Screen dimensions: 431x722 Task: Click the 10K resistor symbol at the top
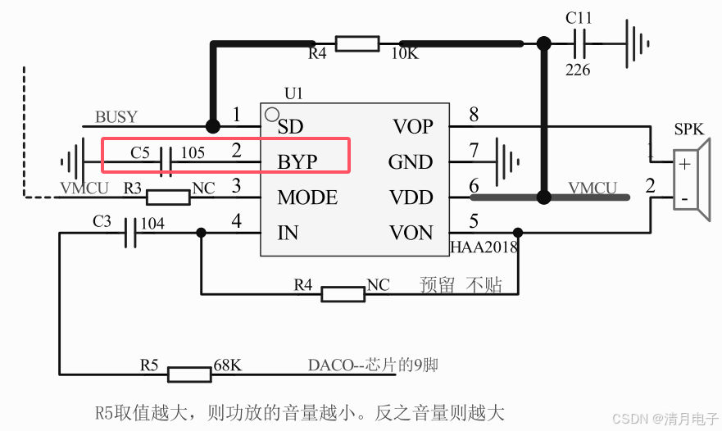coord(357,43)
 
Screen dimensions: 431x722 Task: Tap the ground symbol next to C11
coord(637,43)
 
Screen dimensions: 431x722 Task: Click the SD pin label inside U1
coord(290,127)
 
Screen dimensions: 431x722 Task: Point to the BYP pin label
coord(297,162)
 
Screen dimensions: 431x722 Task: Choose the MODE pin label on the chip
coord(307,197)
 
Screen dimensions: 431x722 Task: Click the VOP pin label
coord(412,127)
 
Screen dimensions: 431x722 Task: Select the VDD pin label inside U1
coord(412,197)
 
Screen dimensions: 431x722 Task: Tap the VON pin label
coord(412,233)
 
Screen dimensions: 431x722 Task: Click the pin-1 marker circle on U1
coord(271,114)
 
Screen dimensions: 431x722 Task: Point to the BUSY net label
coord(116,117)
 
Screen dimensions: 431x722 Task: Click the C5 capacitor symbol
coord(166,161)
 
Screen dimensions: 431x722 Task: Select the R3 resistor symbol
coord(168,197)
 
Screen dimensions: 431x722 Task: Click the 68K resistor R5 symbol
coord(190,374)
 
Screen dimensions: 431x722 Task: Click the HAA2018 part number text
coord(484,246)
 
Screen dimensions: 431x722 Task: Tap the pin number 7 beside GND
coord(473,151)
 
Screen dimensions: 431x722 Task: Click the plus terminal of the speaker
coord(684,164)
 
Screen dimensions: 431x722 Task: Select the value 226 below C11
coord(578,70)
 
